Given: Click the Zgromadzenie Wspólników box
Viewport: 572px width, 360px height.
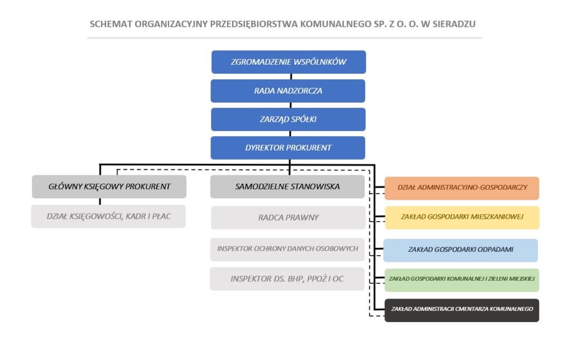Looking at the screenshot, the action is (x=289, y=62).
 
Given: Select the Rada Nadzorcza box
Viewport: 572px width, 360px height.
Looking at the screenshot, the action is (x=288, y=91).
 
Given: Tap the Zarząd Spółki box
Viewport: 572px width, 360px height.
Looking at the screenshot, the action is (x=288, y=119).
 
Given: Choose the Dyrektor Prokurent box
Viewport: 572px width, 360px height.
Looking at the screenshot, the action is (x=288, y=147).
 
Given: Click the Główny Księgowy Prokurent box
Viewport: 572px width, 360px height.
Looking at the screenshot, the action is (x=109, y=186).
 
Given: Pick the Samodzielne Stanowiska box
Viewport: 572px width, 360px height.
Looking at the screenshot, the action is (x=288, y=186).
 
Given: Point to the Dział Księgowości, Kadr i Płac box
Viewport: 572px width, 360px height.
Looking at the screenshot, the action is (x=108, y=217).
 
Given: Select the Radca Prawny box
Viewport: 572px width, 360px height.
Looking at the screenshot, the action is (x=288, y=218).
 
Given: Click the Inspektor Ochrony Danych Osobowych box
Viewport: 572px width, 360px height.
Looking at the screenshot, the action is (x=288, y=249).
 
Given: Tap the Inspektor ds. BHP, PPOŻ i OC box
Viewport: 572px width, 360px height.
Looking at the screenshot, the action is (x=287, y=279).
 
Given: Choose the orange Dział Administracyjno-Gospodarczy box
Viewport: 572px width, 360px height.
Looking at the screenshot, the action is (x=462, y=188).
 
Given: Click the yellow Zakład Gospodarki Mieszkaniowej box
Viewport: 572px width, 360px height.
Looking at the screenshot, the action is (x=462, y=218).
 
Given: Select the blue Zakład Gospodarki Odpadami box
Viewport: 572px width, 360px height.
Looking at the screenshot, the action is (x=461, y=250).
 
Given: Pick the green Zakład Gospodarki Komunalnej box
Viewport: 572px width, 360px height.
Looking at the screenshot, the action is (x=462, y=280).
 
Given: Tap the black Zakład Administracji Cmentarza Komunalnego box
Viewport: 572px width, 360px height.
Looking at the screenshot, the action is (x=462, y=310).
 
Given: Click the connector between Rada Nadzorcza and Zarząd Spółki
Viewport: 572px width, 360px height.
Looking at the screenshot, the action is (x=290, y=105).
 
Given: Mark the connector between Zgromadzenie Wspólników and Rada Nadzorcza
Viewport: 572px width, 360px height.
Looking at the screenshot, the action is (x=290, y=76).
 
